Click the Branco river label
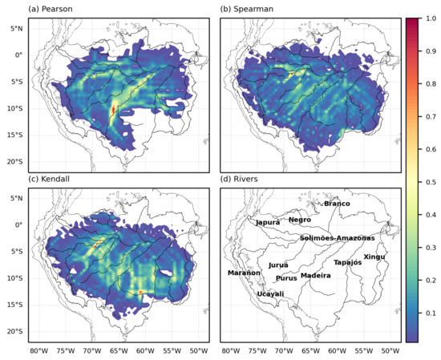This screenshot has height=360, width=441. (x=337, y=204)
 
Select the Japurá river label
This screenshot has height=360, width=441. (x=268, y=222)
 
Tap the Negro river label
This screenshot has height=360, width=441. (x=300, y=220)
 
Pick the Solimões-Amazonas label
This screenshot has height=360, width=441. (x=337, y=238)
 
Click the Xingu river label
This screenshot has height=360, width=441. (x=374, y=257)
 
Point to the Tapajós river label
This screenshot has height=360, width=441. (x=348, y=262)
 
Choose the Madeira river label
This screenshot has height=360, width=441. (x=315, y=275)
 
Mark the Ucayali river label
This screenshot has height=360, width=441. (x=270, y=294)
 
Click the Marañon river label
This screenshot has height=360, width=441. (x=244, y=273)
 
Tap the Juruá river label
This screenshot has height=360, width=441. (x=278, y=265)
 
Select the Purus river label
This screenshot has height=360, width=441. (x=286, y=278)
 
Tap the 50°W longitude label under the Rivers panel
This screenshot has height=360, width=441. (x=390, y=351)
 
